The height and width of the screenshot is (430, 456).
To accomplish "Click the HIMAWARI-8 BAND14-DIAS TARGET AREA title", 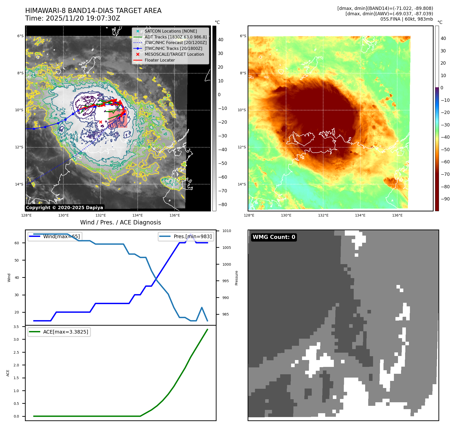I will click(x=93, y=11).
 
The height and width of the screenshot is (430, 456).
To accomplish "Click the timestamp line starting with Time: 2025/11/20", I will click(x=73, y=18).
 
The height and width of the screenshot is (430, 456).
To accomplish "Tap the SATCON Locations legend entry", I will click(x=170, y=31).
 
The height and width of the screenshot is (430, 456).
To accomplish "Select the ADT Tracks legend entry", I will click(x=175, y=37).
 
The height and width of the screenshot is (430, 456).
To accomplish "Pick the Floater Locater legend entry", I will click(x=160, y=60).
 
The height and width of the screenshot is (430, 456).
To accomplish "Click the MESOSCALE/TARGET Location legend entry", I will click(x=174, y=54).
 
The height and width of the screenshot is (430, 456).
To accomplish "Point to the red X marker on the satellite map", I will click(x=101, y=122).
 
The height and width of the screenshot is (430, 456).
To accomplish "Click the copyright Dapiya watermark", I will click(x=64, y=207).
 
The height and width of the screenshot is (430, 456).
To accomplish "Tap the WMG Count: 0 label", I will click(x=274, y=237).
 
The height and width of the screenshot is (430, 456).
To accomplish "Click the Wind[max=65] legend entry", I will click(x=61, y=236).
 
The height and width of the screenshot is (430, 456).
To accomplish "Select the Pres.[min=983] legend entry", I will click(x=192, y=236).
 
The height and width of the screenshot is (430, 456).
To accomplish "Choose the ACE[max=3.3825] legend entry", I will click(x=65, y=332).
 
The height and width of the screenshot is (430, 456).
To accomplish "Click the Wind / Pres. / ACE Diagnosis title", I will click(x=120, y=222).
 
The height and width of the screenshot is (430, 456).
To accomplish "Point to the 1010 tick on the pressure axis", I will click(x=226, y=231).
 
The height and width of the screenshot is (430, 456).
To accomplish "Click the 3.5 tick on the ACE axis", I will click(x=16, y=327).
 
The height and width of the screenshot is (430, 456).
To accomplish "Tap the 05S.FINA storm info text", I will click(x=406, y=19).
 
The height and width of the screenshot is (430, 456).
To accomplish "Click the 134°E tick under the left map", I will click(x=138, y=215).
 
